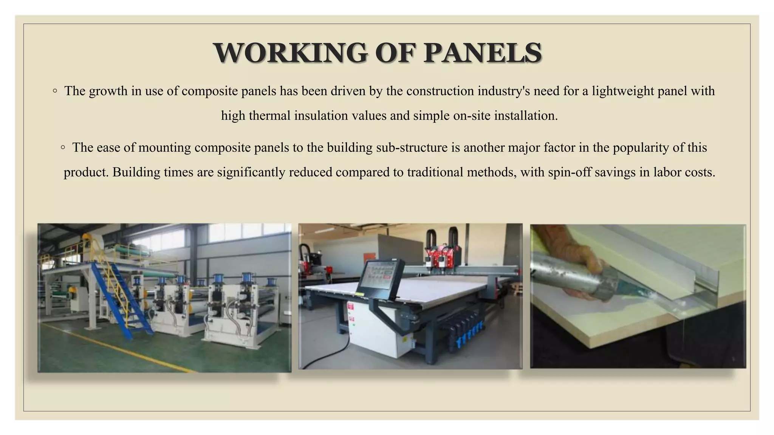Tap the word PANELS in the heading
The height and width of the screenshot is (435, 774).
[483, 53]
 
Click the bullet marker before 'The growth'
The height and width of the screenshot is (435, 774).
[55, 91]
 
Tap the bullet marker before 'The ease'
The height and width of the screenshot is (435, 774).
[63, 147]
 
